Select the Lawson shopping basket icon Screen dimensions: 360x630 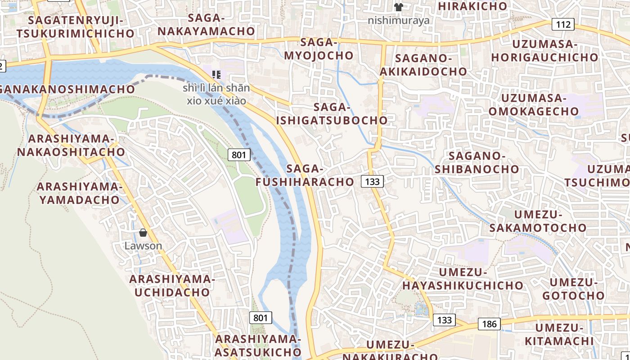[143, 233]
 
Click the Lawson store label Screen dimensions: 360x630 [143, 246]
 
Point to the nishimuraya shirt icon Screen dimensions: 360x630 [398, 7]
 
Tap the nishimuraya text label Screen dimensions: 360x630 [398, 20]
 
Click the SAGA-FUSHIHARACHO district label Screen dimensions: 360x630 [305, 175]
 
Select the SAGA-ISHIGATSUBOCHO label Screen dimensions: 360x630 [332, 114]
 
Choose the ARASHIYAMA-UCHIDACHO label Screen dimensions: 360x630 [172, 285]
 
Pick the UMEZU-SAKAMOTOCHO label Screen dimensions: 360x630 [538, 221]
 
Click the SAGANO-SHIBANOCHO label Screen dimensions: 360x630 [477, 162]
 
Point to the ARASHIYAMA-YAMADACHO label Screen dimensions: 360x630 [79, 193]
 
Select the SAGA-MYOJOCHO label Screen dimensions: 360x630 [319, 49]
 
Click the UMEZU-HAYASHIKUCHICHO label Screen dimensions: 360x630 [463, 279]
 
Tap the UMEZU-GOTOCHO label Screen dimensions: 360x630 [573, 289]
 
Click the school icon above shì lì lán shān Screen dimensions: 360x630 [216, 74]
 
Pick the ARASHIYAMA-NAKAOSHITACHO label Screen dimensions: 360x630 [71, 145]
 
